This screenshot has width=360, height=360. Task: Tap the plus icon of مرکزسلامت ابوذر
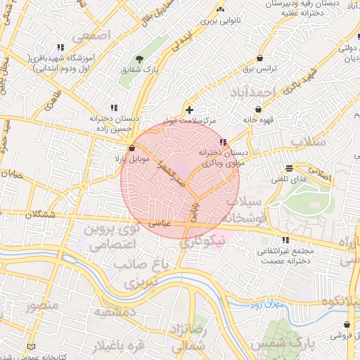(189, 110)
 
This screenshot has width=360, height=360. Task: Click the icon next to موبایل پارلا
(132, 148)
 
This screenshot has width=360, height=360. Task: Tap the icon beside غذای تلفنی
(289, 168)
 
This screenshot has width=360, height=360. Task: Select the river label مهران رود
(266, 305)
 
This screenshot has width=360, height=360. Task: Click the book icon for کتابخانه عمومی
(30, 347)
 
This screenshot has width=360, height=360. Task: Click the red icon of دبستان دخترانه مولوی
(223, 143)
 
